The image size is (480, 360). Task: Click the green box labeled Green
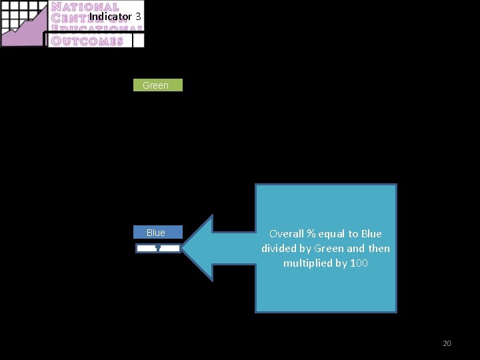[x=156, y=85]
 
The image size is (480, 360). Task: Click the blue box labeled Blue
[x=156, y=233]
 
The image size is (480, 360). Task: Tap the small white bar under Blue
[x=158, y=248]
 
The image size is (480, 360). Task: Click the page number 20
[x=447, y=343]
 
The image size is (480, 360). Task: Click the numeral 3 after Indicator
[x=138, y=16]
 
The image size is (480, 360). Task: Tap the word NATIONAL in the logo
[x=85, y=8]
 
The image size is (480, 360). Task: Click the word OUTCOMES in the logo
[x=87, y=41]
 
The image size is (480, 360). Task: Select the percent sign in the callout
[x=310, y=234]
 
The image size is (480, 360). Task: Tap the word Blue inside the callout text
[x=371, y=234]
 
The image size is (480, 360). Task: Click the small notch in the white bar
[x=157, y=249]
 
